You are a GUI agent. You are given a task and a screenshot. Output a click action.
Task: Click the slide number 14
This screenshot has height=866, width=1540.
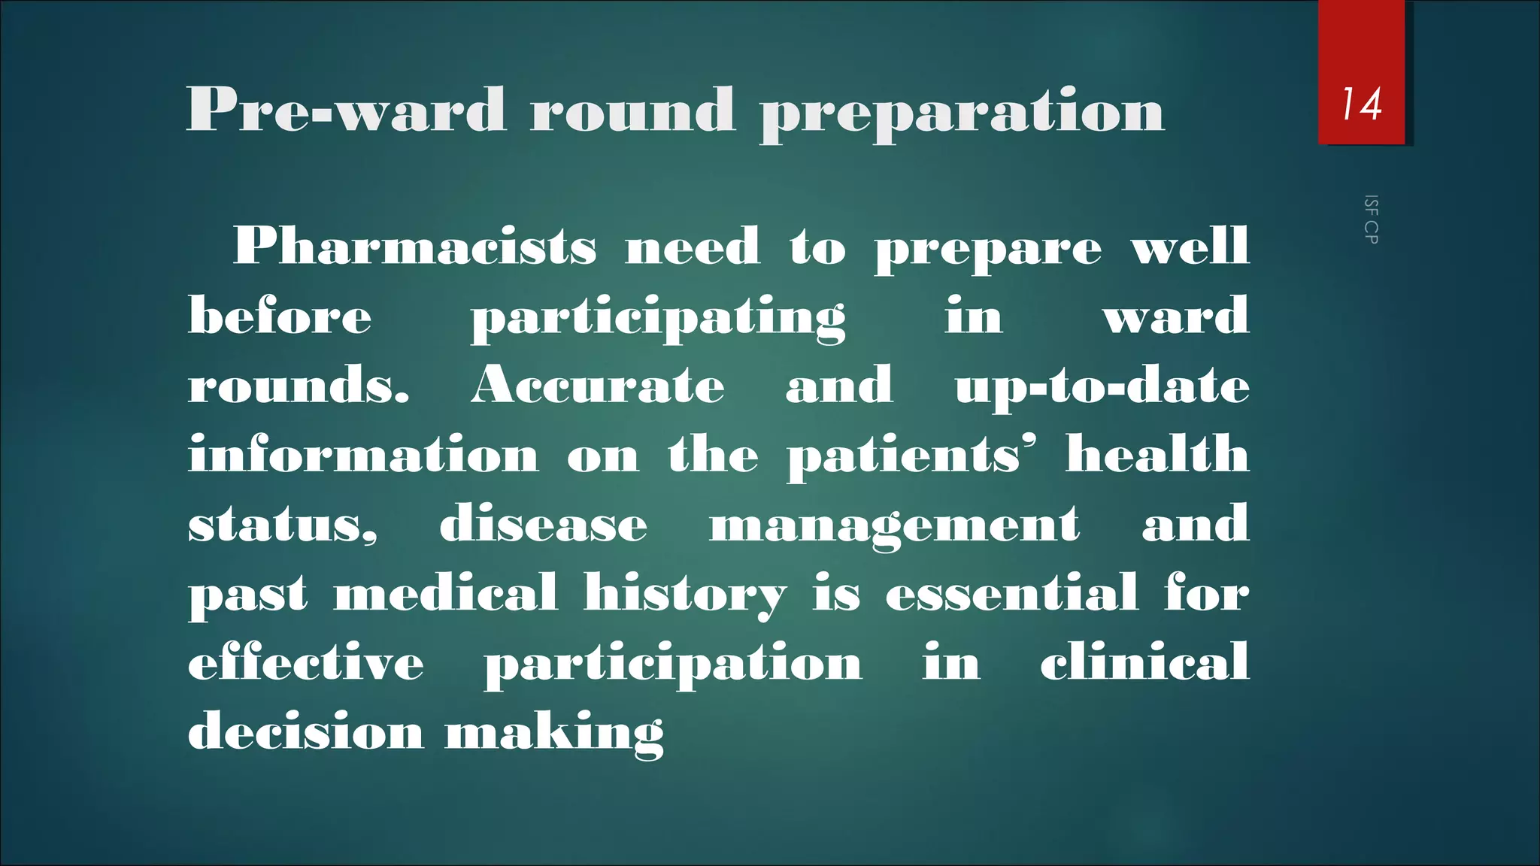(x=1362, y=104)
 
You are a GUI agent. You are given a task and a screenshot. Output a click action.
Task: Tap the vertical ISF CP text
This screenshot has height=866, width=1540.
(x=1371, y=220)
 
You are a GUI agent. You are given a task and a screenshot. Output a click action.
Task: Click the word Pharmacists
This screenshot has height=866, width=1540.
(x=415, y=247)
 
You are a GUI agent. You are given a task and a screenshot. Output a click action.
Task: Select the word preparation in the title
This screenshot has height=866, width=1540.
(x=962, y=111)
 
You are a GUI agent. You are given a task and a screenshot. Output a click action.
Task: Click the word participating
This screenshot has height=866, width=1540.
(x=658, y=318)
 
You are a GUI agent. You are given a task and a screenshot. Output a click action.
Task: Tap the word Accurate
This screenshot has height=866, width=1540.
(x=598, y=386)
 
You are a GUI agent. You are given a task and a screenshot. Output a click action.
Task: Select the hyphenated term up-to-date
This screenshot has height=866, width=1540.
(x=1102, y=386)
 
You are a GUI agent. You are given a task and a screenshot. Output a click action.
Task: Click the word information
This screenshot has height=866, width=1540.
(x=363, y=455)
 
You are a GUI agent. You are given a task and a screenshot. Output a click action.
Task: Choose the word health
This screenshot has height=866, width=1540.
(x=1157, y=454)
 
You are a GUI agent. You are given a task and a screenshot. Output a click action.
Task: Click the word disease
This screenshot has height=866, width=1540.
(x=543, y=524)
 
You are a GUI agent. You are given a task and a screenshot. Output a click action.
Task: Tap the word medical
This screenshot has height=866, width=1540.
(x=446, y=593)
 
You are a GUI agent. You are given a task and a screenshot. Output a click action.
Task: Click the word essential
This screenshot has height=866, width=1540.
(x=1011, y=593)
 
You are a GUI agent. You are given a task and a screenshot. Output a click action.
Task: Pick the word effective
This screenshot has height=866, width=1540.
(x=305, y=662)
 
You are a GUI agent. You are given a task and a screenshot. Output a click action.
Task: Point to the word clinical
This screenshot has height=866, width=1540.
(x=1144, y=662)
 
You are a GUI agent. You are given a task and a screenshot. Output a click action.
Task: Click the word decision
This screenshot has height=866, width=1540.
(x=305, y=731)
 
